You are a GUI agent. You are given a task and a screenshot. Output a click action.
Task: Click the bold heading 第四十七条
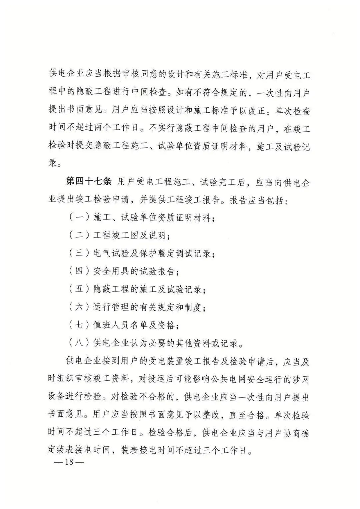[x=88, y=182]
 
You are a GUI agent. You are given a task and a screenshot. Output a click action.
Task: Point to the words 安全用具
[x=110, y=271]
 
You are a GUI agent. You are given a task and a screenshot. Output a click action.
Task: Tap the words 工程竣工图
[x=115, y=236]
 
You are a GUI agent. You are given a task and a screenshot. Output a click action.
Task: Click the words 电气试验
[x=110, y=254]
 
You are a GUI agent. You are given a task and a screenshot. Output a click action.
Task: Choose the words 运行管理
[x=110, y=307]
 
